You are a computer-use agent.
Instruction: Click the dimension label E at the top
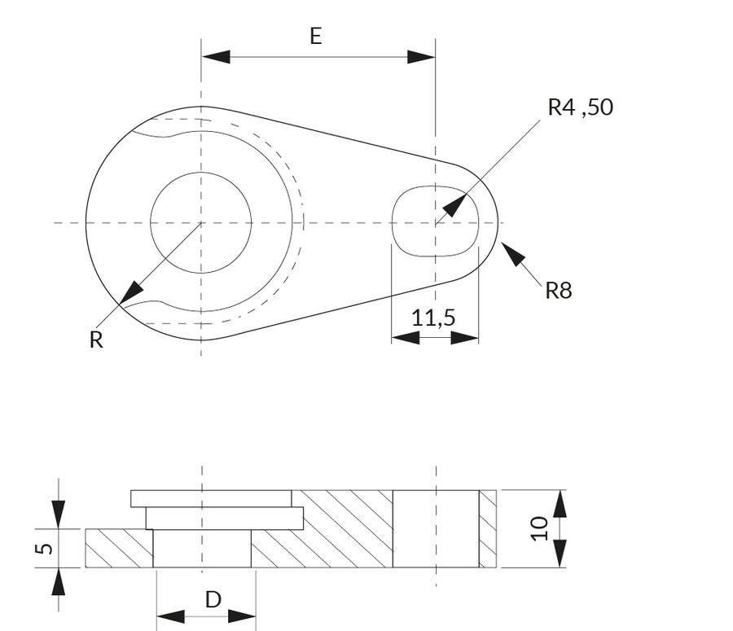click(x=316, y=36)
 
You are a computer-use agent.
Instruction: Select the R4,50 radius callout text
click(x=580, y=107)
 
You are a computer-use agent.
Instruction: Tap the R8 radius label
click(x=559, y=291)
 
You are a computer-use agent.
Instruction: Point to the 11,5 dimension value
click(x=432, y=318)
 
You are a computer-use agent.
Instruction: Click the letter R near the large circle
click(x=96, y=340)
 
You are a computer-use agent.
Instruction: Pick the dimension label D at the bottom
click(x=213, y=600)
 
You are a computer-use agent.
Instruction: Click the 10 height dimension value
click(x=538, y=528)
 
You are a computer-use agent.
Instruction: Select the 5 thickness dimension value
click(x=45, y=548)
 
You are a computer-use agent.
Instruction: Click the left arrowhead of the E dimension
click(x=216, y=56)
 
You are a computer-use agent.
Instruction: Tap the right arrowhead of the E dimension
click(x=421, y=56)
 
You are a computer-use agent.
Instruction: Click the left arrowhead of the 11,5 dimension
click(x=405, y=337)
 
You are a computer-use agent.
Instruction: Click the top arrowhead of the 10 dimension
click(x=560, y=505)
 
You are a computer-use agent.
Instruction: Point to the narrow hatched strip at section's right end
click(x=487, y=528)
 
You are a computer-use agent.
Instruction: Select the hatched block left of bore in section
click(x=119, y=548)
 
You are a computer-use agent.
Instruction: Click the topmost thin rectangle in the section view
click(x=210, y=497)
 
